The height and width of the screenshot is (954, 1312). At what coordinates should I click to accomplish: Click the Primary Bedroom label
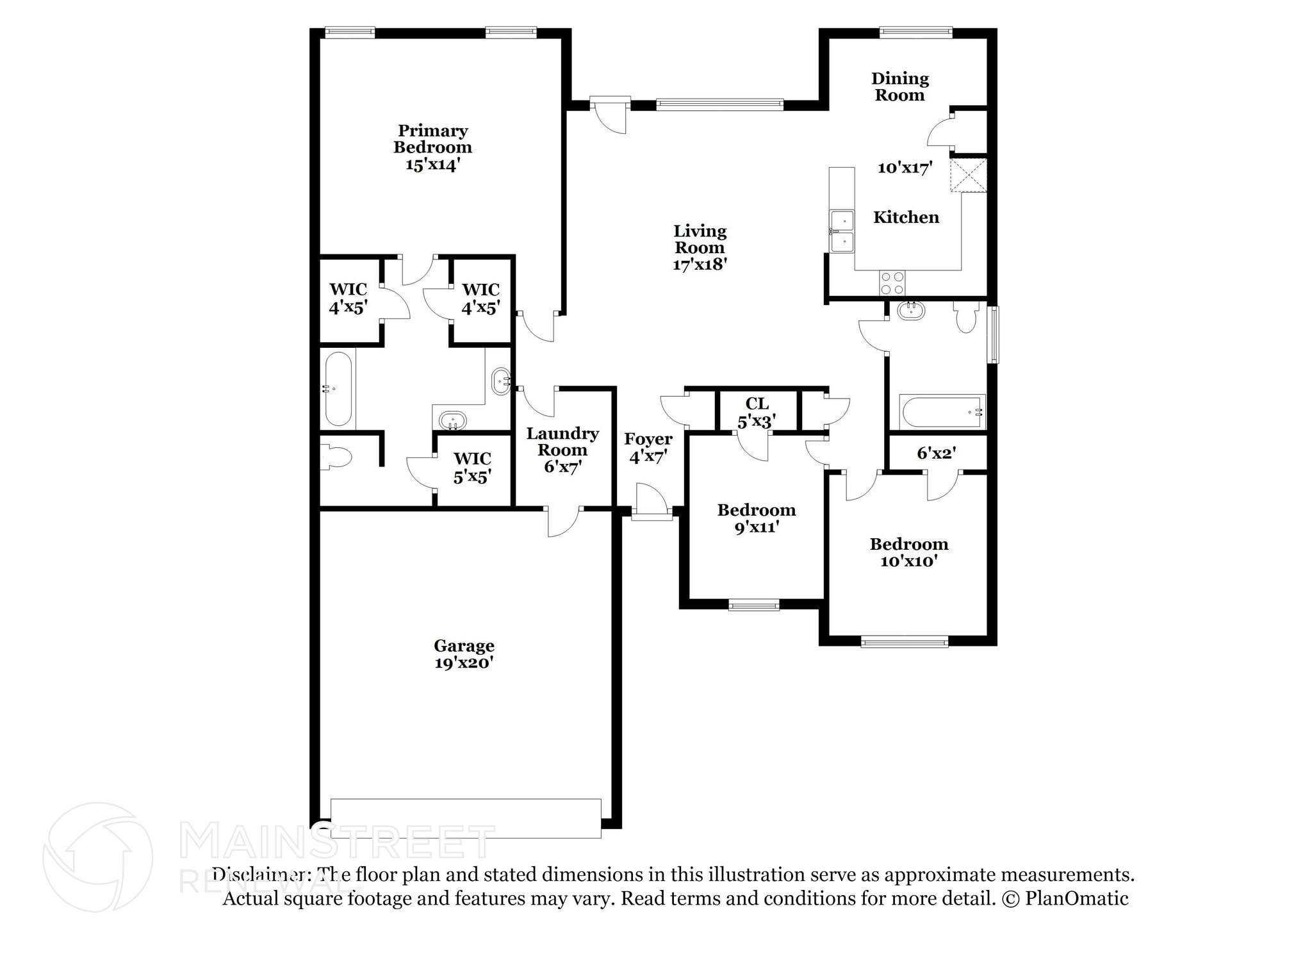[432, 139]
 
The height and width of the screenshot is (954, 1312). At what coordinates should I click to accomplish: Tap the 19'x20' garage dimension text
[463, 663]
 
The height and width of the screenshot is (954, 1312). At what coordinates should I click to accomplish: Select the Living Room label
[700, 239]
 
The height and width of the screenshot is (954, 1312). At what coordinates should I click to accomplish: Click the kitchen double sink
[842, 231]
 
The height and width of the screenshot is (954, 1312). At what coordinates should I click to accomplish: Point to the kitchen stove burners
[892, 283]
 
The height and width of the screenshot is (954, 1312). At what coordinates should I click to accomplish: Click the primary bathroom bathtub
[338, 389]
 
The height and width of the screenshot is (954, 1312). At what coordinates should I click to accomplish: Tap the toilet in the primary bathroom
[336, 457]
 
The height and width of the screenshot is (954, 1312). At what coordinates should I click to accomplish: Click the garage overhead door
[466, 818]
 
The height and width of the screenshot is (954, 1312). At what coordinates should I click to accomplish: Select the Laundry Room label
[562, 441]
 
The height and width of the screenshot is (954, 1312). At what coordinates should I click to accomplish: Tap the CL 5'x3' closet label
[757, 412]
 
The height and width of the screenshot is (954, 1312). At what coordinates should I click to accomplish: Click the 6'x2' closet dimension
[936, 454]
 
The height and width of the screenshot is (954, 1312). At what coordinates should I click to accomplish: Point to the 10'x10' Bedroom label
[908, 552]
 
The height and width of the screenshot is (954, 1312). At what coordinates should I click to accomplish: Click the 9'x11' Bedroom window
[753, 605]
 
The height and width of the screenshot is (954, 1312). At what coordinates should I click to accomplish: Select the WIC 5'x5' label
[472, 468]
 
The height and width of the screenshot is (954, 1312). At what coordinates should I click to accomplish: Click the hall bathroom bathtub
[941, 412]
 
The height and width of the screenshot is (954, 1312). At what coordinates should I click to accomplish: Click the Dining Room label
[899, 86]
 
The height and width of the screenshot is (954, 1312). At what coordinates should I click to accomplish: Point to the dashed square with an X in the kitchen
[968, 175]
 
